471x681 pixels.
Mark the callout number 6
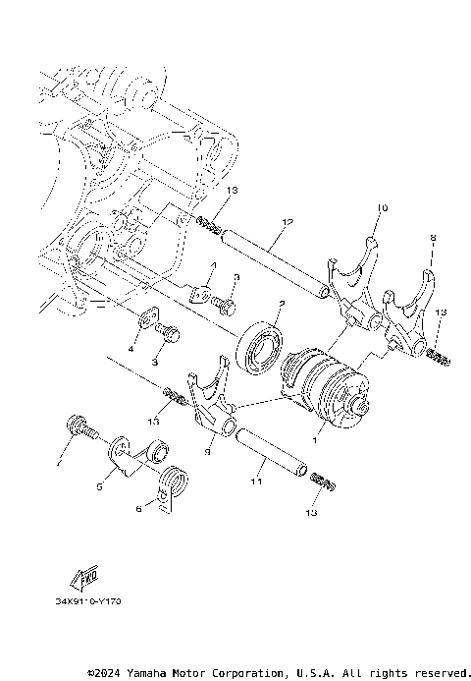(139, 508)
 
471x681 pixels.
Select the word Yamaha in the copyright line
(150, 673)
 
